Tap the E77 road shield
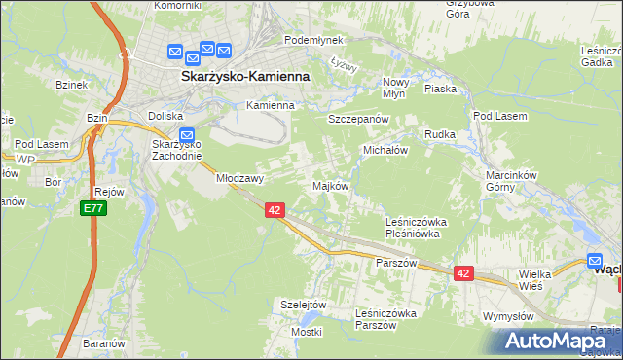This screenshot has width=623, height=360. tap(92, 208)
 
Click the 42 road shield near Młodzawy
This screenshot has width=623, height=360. tap(275, 209)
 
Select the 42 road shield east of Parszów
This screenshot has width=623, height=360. tap(462, 274)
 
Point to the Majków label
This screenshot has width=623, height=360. tap(329, 186)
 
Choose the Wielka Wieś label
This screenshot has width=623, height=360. tap(535, 280)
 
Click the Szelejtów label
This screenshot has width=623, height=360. tap(302, 304)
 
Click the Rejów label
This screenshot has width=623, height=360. tap(109, 192)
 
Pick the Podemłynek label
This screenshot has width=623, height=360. tap(310, 40)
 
